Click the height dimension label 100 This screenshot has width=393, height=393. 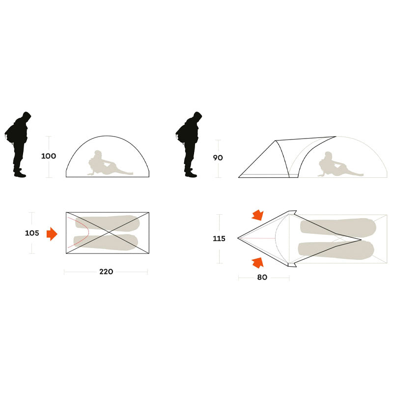tap(49, 156)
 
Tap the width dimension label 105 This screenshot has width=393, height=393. tap(32, 233)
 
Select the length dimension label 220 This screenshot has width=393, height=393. tap(106, 272)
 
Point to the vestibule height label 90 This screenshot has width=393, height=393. tap(218, 158)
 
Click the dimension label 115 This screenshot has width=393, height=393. tap(219, 239)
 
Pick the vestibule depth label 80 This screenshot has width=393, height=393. tap(262, 277)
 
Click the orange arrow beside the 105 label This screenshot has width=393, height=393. tap(52, 234)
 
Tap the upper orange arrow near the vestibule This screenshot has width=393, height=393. tap(257, 215)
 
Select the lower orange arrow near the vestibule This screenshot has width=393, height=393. tap(257, 263)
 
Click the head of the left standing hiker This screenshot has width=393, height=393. tap(27, 116)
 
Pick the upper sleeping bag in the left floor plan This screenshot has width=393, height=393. tap(108, 223)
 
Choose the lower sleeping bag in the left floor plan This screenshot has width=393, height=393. tap(106, 242)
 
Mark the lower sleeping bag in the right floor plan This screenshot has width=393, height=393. tap(336, 251)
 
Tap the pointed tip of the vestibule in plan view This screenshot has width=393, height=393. tap(238, 238)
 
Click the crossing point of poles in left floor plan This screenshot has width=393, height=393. tap(108, 232)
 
